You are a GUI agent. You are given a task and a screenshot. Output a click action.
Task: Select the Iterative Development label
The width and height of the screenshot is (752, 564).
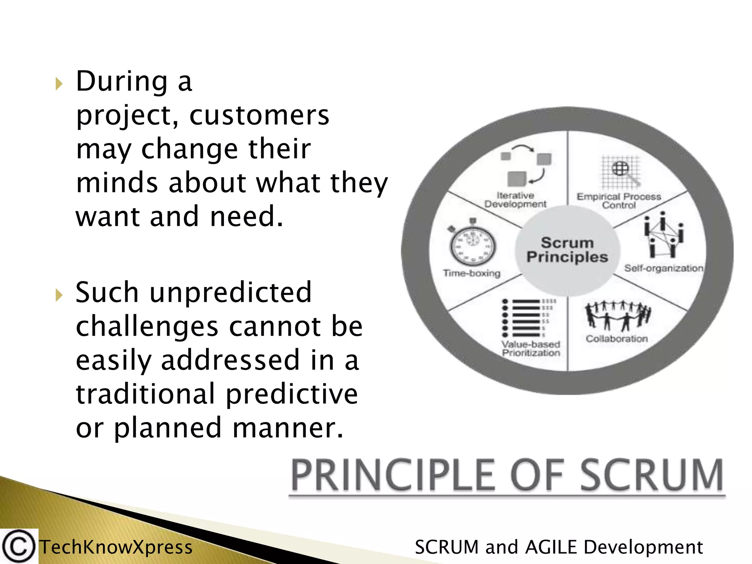coord(515,200)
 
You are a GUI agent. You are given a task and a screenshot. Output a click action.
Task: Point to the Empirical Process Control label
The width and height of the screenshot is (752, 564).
coord(619,201)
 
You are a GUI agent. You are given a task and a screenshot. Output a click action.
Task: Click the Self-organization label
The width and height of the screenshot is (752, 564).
coord(664,268)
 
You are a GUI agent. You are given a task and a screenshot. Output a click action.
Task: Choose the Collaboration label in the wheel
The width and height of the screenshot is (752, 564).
coord(617,339)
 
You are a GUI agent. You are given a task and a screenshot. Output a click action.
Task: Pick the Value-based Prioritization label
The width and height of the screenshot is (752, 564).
coord(531,348)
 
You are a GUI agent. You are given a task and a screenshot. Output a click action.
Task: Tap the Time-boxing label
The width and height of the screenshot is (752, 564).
coord(471,273)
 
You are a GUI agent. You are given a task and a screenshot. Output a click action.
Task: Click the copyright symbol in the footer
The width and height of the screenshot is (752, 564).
coord(18,546)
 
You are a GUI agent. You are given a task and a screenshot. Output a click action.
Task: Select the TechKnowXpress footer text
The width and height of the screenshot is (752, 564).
coord(116,547)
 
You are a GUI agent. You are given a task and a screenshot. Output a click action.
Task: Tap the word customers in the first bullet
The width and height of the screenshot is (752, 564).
coord(259,115)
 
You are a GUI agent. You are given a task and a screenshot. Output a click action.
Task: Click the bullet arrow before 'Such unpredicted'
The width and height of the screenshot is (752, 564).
coord(59,295)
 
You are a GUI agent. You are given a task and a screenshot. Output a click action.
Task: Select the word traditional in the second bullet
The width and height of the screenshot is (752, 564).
coord(145,394)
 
